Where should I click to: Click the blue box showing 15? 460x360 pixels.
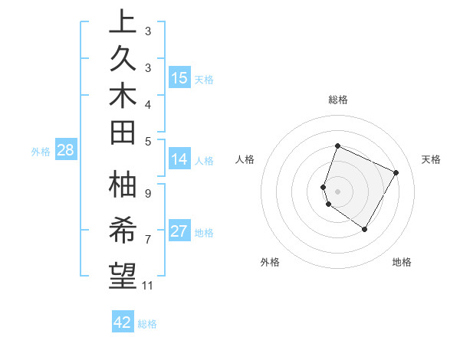point(179,78)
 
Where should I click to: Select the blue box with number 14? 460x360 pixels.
point(179,159)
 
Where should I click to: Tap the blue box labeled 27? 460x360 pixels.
point(179,231)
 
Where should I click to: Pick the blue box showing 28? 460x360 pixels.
point(65,150)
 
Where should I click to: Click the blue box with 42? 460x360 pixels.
point(123,322)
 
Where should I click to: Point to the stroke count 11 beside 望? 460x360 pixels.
point(148,286)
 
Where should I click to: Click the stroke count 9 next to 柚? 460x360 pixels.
point(148,193)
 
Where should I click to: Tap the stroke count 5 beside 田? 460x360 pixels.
point(148,141)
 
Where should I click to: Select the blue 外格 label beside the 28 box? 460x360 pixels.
point(41,152)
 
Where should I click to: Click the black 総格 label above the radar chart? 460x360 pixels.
point(338,100)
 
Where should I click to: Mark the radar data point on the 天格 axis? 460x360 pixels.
point(396,172)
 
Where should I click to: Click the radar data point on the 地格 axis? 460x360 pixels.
point(365,229)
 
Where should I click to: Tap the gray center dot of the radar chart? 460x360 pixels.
point(338,191)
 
